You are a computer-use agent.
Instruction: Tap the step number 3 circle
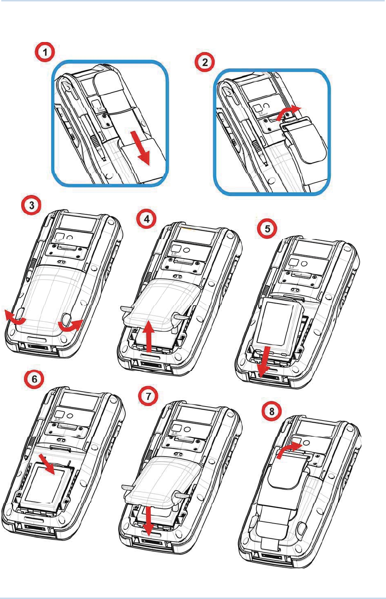pyautogui.click(x=31, y=206)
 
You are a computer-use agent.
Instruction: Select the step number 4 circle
pyautogui.click(x=147, y=219)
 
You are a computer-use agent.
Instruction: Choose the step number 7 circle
pyautogui.click(x=148, y=396)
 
